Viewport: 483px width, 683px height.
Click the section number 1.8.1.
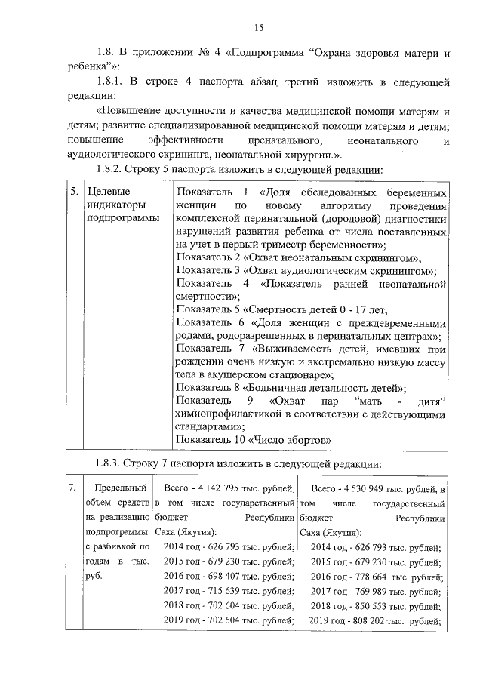[x=113, y=80]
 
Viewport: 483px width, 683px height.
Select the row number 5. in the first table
[x=74, y=192]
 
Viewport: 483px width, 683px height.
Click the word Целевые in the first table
[x=108, y=192]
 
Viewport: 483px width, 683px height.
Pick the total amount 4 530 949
[x=372, y=490]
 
